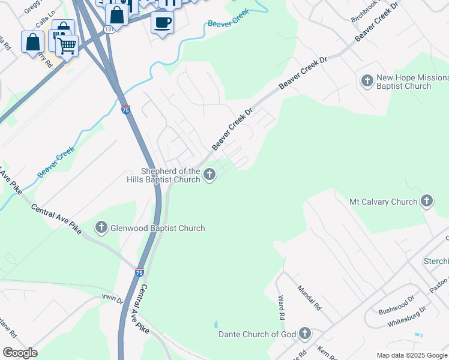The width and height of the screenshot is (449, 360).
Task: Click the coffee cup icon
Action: tap(162, 23)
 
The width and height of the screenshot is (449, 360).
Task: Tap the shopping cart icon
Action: tap(67, 45)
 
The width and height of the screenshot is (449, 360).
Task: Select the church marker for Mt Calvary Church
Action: tap(427, 202)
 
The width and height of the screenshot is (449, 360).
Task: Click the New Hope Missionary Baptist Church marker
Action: tap(367, 80)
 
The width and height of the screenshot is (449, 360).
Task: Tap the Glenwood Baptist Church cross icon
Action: tap(101, 227)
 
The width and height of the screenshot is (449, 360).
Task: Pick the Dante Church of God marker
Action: tap(305, 333)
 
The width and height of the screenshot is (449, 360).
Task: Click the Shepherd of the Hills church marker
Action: tap(209, 175)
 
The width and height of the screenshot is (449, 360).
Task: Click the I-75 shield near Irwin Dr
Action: tap(139, 272)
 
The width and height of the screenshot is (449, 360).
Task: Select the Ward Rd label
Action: tap(280, 307)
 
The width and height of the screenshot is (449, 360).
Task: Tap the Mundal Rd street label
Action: tap(309, 297)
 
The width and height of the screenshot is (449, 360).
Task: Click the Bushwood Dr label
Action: tap(396, 305)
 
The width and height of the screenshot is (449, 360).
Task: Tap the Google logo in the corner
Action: tap(20, 353)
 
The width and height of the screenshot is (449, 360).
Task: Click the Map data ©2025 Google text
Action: tap(411, 355)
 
